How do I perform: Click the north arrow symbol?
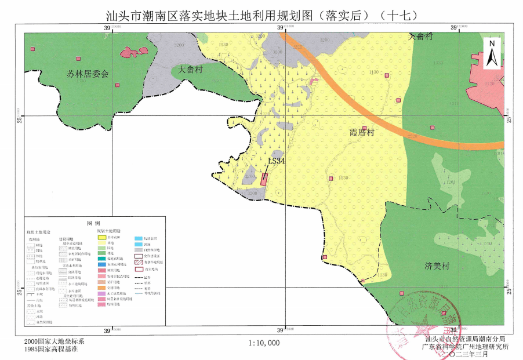pyautogui.click(x=491, y=53)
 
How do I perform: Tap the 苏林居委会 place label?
pyautogui.click(x=88, y=74)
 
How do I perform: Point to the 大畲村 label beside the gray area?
pyautogui.click(x=190, y=69)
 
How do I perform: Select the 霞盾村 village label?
pyautogui.click(x=362, y=133)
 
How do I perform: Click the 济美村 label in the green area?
pyautogui.click(x=437, y=267)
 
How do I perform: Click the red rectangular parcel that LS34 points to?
pyautogui.click(x=264, y=179)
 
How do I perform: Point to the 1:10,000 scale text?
pyautogui.click(x=264, y=343)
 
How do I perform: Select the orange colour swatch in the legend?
pyautogui.click(x=101, y=288)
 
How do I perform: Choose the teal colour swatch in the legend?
pyautogui.click(x=101, y=259)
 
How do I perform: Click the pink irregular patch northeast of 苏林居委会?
pyautogui.click(x=136, y=52)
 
